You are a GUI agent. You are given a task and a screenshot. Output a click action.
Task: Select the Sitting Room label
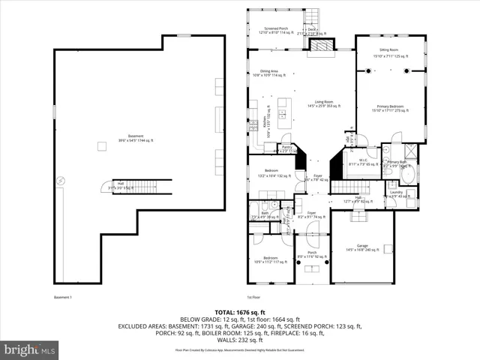(388, 50)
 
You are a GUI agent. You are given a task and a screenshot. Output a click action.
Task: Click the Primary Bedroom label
(388, 109)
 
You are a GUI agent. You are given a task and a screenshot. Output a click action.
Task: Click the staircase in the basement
(141, 186)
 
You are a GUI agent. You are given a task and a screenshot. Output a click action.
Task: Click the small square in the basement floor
(100, 146)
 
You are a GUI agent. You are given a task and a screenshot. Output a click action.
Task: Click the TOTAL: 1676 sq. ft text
(240, 311)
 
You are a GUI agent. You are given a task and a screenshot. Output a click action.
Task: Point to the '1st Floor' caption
(255, 298)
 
